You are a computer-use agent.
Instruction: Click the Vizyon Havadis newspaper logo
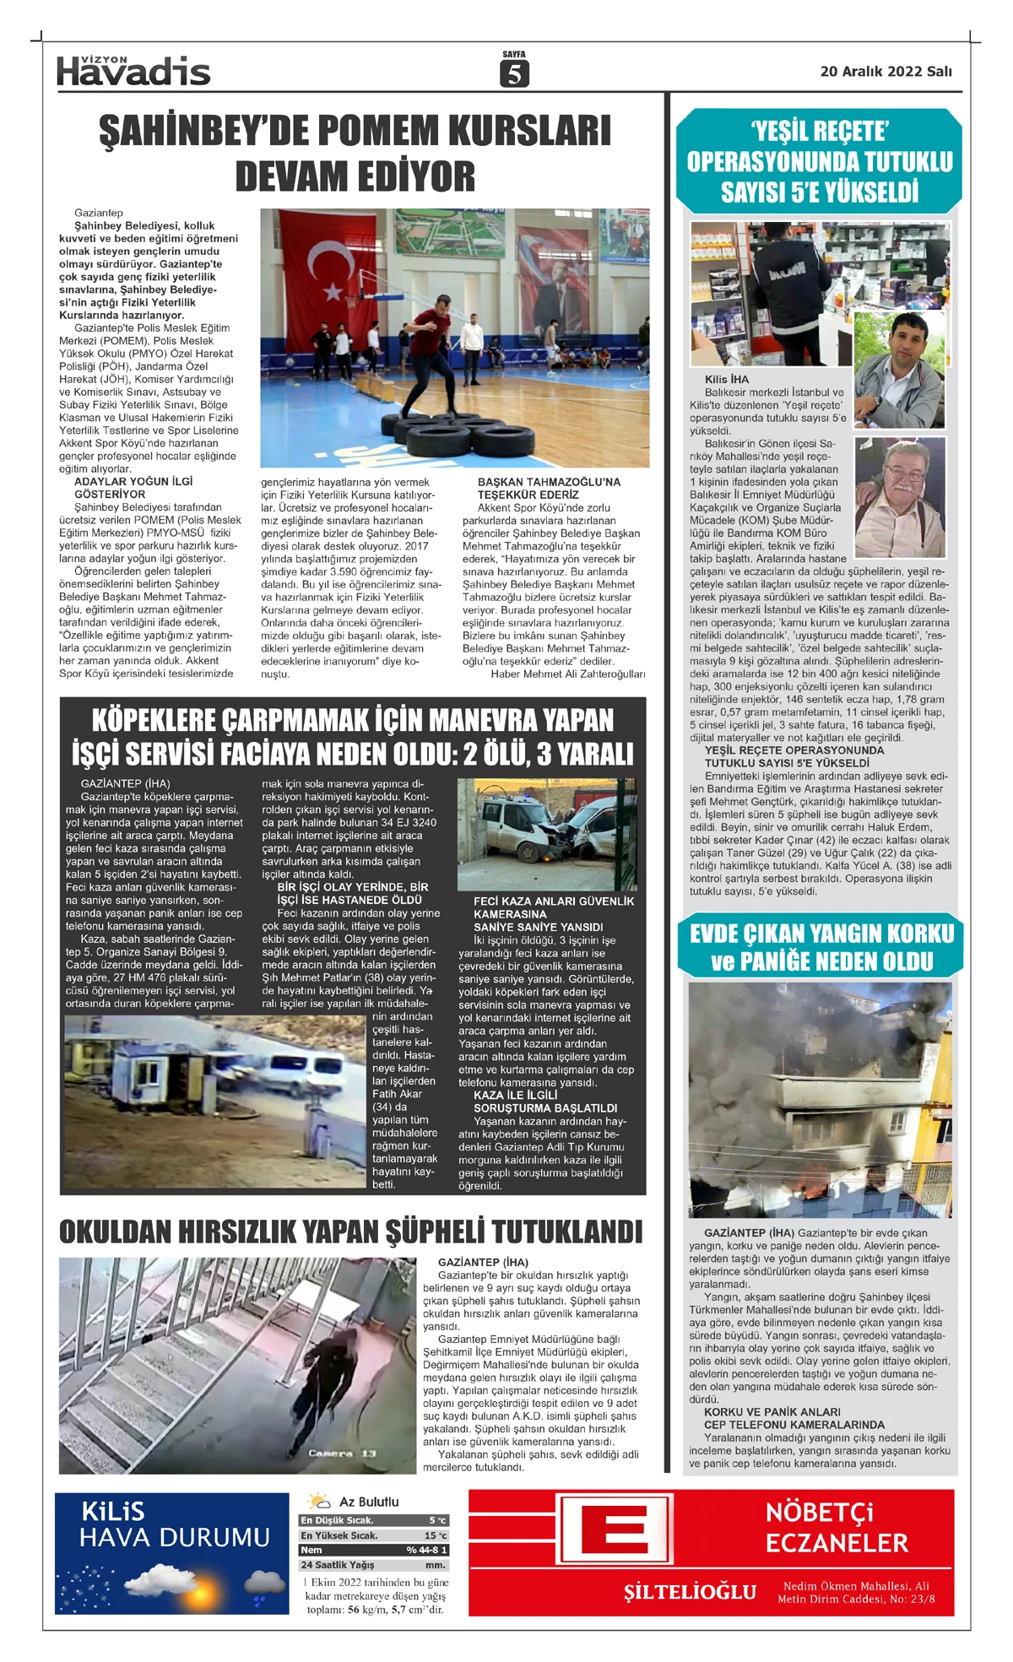tap(133, 71)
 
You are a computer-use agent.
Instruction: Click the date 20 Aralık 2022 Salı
tap(886, 72)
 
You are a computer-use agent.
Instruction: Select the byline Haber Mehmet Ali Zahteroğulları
tap(567, 674)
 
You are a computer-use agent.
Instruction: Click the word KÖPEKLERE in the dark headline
tap(155, 720)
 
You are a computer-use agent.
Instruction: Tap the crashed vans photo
tap(546, 834)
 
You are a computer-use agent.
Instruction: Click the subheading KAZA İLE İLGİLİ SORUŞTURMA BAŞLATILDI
tap(544, 1102)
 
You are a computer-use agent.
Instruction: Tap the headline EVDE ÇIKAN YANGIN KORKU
tap(821, 934)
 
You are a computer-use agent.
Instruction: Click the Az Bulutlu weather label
tap(369, 1502)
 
